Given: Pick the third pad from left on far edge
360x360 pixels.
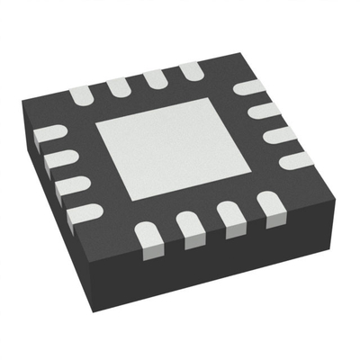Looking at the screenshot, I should pyautogui.click(x=154, y=78).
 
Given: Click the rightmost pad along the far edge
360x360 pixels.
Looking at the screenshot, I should pyautogui.click(x=190, y=71).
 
